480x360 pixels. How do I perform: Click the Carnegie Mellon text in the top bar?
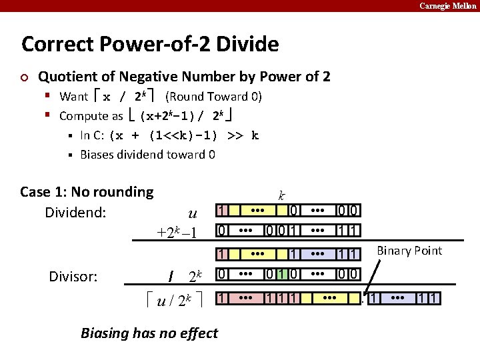pyautogui.click(x=447, y=5)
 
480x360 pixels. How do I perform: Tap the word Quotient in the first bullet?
pyautogui.click(x=68, y=76)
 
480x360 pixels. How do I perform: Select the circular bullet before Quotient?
pyautogui.click(x=25, y=77)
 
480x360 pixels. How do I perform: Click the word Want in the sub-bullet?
pyautogui.click(x=73, y=96)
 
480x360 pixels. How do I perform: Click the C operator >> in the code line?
pyautogui.click(x=235, y=135)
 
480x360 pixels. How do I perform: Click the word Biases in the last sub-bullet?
pyautogui.click(x=98, y=155)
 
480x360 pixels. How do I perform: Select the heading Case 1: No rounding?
pyautogui.click(x=87, y=192)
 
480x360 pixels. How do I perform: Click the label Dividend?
pyautogui.click(x=74, y=213)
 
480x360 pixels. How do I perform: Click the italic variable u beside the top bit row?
pyautogui.click(x=193, y=213)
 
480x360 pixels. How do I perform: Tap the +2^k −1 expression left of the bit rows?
pyautogui.click(x=177, y=232)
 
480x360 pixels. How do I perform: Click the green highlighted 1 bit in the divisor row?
pyautogui.click(x=282, y=275)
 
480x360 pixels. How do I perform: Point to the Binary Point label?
pyautogui.click(x=409, y=251)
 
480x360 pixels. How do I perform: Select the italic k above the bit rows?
pyautogui.click(x=282, y=195)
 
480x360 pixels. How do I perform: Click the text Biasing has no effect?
pyautogui.click(x=149, y=333)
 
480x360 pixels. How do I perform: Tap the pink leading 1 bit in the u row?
pyautogui.click(x=223, y=211)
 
